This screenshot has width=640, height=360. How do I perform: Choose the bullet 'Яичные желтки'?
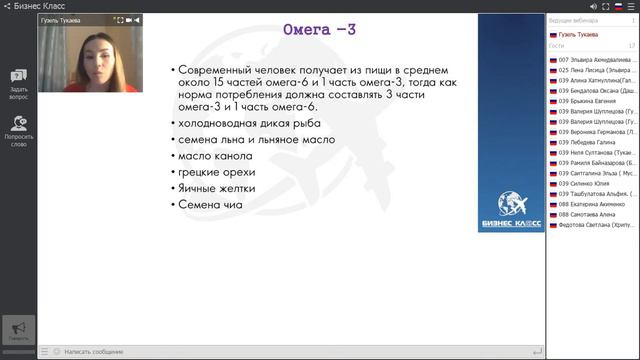pyautogui.click(x=216, y=188)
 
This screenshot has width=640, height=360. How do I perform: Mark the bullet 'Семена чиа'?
pyautogui.click(x=209, y=205)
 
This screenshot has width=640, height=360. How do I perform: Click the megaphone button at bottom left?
pyautogui.click(x=18, y=329)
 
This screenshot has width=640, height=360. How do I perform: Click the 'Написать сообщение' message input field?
pyautogui.click(x=94, y=352)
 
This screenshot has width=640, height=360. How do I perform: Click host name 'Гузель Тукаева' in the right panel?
pyautogui.click(x=577, y=34)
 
